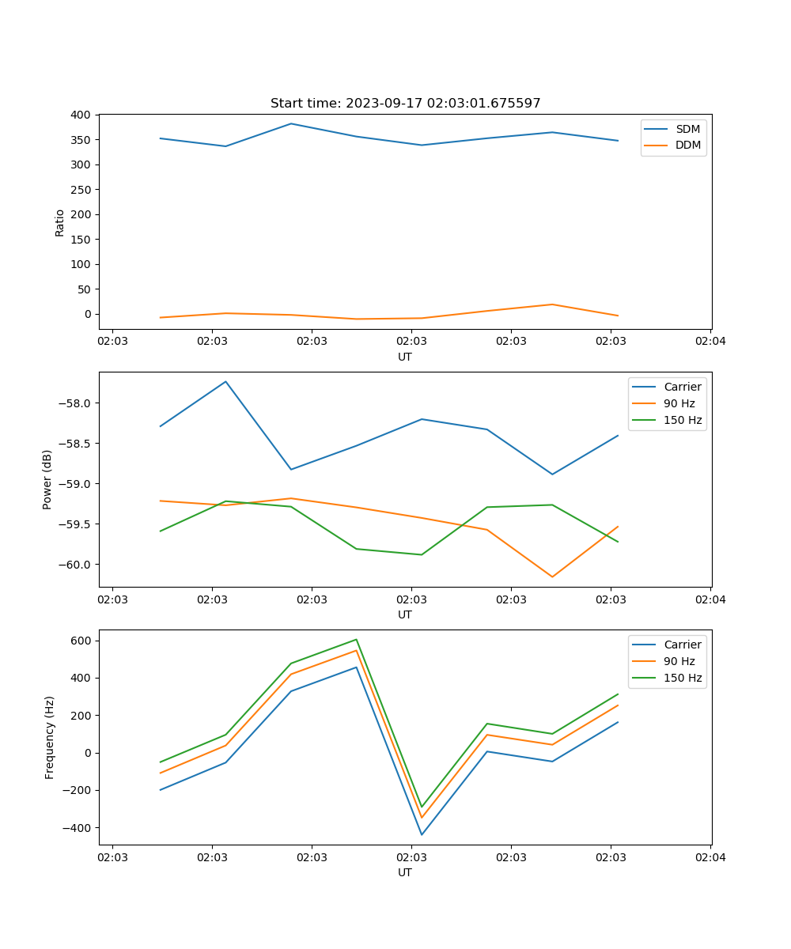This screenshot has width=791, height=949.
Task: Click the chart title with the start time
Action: coord(405,104)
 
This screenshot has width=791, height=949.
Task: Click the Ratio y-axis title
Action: coord(60,222)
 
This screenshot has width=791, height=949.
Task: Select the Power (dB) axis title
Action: coord(47,479)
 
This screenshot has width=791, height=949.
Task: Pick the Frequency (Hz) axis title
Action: coord(49,737)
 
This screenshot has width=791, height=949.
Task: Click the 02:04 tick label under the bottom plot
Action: coord(710,857)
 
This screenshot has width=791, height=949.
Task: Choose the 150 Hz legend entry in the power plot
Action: coord(683,421)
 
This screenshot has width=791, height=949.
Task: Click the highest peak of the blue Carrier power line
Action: coord(225,382)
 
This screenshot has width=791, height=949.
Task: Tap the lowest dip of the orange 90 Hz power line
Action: coord(552,577)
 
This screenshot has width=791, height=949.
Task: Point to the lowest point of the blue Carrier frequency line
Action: coord(422,834)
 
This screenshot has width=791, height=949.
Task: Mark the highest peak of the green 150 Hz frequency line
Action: coord(356,639)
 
